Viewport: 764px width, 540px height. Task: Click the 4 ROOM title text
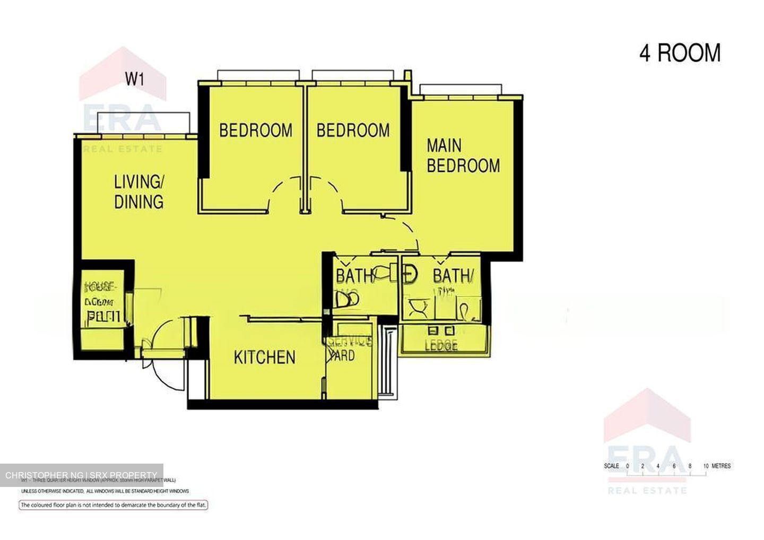coord(680,54)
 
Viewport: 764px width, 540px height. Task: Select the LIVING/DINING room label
coord(138,191)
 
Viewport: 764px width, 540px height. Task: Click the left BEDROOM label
coord(256,130)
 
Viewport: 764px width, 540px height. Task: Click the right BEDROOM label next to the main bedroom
coord(353,130)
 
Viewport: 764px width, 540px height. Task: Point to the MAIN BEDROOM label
coord(463,155)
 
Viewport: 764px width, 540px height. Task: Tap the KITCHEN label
coord(265,358)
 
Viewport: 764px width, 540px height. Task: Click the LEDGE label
coord(441,346)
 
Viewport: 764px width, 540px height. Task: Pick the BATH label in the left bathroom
coord(353,276)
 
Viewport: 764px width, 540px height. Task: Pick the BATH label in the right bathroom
coord(452,276)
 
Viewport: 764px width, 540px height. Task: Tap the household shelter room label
coord(100,302)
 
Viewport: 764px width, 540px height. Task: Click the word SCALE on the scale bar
coord(611,466)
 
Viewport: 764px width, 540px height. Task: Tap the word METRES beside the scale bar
coord(721,466)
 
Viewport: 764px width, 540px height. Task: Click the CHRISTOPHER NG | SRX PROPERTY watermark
coord(81,475)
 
